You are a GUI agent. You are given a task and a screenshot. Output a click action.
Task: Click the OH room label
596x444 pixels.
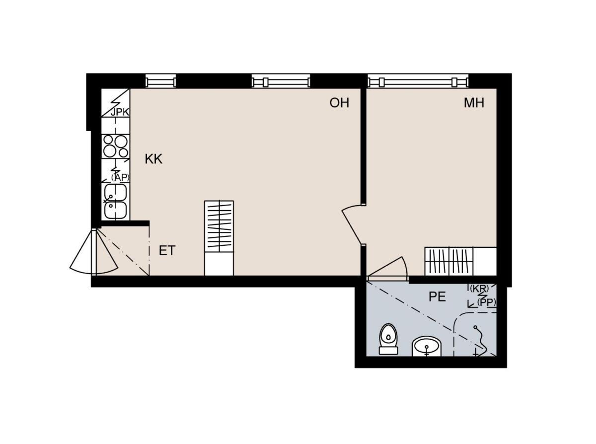(339, 103)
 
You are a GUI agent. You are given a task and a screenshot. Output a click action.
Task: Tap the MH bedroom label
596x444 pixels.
(474, 103)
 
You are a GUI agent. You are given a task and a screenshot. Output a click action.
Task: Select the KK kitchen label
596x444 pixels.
(153, 159)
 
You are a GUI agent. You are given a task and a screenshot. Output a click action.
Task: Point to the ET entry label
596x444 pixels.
(167, 250)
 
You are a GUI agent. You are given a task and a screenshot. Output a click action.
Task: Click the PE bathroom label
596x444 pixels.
(437, 296)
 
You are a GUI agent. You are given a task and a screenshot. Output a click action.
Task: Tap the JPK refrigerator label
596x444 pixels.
(120, 112)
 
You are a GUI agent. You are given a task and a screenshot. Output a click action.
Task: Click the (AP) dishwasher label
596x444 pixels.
(120, 177)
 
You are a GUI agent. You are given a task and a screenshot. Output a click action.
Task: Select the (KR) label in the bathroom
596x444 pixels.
(479, 289)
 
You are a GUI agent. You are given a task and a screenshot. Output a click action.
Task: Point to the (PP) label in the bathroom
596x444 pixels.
(486, 302)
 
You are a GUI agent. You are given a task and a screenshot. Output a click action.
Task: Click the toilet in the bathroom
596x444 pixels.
(388, 339)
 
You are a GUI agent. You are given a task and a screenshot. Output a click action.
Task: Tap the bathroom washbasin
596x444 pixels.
(427, 347)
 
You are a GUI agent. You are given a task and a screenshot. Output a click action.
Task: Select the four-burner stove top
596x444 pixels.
(116, 146)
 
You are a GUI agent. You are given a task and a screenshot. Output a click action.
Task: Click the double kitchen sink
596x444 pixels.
(116, 202)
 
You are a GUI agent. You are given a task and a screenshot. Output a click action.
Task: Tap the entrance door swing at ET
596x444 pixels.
(94, 252)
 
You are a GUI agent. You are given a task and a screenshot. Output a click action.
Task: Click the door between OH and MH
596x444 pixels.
(352, 224)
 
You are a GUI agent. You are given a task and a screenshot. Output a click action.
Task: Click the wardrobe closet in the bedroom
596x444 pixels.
(460, 261)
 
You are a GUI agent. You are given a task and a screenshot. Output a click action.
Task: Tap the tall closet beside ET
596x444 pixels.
(219, 238)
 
